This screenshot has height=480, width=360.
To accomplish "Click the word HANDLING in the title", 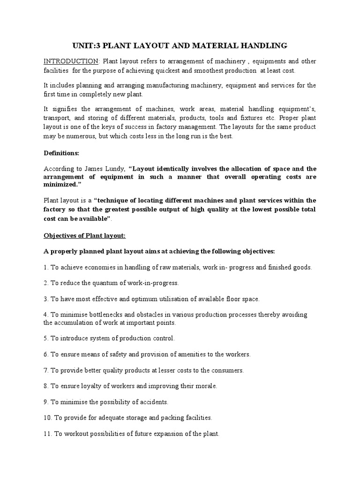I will click(x=264, y=45).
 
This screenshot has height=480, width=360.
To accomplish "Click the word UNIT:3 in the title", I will click(x=86, y=45).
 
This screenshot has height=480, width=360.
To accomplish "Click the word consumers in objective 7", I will click(x=226, y=370).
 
